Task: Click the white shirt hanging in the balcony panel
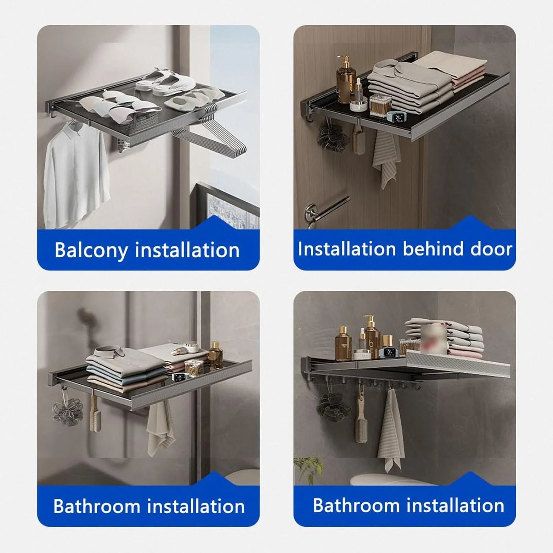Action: pos(76,175)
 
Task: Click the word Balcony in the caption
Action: pos(91,250)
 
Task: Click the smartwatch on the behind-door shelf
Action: pos(395,116)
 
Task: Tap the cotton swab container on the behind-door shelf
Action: pos(380,106)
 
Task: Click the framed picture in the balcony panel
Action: pos(225,205)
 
